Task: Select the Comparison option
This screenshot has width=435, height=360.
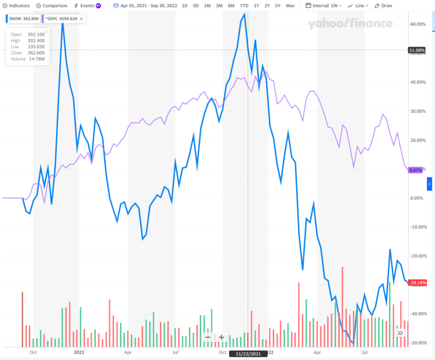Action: (x=52, y=6)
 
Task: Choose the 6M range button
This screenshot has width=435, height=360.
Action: (x=231, y=6)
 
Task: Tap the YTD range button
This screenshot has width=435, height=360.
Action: (x=244, y=6)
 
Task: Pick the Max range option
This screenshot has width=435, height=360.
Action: (x=291, y=6)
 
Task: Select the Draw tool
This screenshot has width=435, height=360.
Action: (x=384, y=6)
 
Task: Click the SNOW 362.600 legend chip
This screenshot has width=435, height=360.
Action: (x=22, y=19)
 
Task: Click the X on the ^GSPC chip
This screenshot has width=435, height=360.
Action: (x=82, y=19)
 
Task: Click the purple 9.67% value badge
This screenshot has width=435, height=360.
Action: (x=416, y=170)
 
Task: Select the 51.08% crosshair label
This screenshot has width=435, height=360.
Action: (x=416, y=50)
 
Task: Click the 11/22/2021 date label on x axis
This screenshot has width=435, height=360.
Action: (x=248, y=354)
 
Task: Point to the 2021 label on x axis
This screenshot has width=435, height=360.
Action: (x=79, y=351)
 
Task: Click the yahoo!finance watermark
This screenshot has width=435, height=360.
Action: (x=350, y=24)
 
